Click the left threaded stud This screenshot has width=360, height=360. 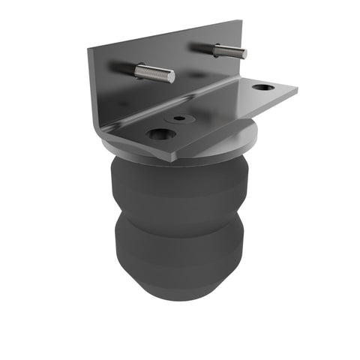(x=154, y=73)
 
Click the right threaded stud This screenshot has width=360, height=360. (x=228, y=51)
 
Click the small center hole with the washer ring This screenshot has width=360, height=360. (x=178, y=118)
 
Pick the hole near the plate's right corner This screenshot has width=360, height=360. (x=262, y=88)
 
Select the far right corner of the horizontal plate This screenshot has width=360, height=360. (x=296, y=91)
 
